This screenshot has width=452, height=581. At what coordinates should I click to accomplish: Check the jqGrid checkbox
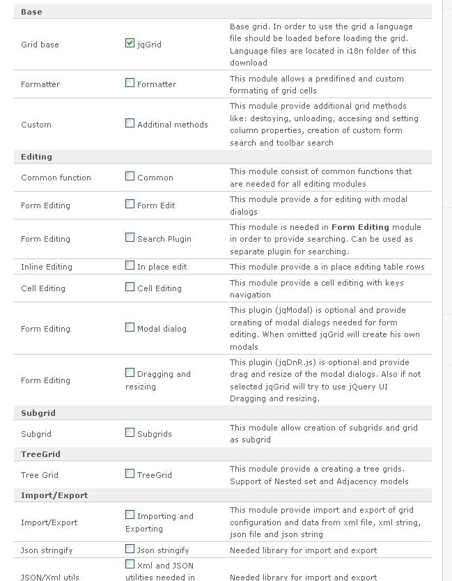click(x=130, y=43)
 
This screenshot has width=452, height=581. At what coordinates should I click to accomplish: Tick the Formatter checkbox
click(x=130, y=83)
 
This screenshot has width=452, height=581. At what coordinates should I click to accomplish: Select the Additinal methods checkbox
click(x=130, y=123)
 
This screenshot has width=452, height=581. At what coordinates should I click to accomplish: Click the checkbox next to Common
click(x=130, y=176)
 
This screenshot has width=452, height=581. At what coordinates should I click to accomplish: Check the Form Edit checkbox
click(x=130, y=204)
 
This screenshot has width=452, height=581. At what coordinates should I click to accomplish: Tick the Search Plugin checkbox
click(x=130, y=238)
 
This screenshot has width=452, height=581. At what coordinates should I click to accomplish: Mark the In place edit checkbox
click(x=130, y=265)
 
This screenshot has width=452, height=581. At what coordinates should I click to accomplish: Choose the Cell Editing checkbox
click(x=130, y=287)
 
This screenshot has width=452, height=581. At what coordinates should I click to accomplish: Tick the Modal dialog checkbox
click(x=130, y=327)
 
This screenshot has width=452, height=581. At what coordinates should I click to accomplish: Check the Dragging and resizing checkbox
click(x=130, y=373)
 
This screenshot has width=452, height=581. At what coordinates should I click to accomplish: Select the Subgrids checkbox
click(x=130, y=433)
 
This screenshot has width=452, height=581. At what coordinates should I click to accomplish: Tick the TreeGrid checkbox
click(x=130, y=474)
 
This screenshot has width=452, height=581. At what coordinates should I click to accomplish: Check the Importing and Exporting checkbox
click(x=130, y=515)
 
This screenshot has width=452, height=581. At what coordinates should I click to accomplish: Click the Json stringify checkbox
click(x=130, y=549)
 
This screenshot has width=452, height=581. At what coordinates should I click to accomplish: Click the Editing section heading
click(x=36, y=157)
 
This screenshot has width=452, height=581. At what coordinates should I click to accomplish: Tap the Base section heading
click(x=31, y=12)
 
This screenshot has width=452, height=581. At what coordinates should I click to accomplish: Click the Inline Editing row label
click(x=46, y=267)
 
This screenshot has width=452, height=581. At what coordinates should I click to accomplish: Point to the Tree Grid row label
click(x=40, y=475)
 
